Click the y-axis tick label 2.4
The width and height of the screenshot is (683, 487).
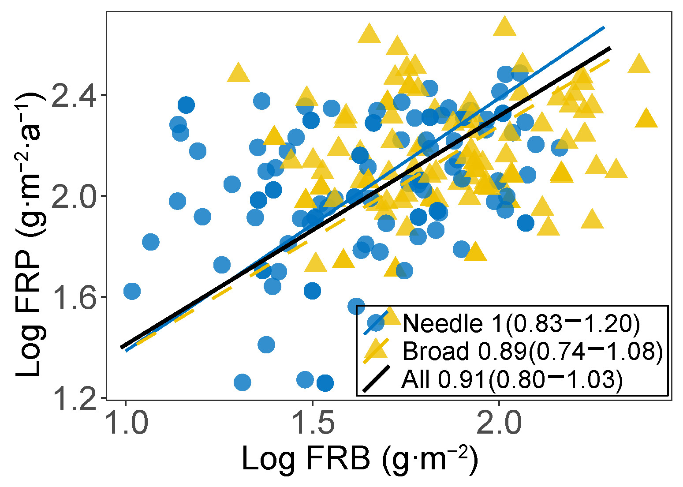(x=73, y=95)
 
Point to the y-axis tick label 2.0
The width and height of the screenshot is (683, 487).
(x=73, y=196)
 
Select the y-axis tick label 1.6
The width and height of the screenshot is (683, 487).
(x=73, y=297)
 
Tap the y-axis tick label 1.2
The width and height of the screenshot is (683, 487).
(x=73, y=397)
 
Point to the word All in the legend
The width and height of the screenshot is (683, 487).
(x=416, y=379)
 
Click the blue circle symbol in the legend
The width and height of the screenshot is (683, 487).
(x=376, y=323)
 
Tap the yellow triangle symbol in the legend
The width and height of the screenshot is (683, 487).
(x=376, y=351)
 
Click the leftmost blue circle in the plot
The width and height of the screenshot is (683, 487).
(x=132, y=291)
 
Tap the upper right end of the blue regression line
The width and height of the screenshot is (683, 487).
(x=604, y=27)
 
